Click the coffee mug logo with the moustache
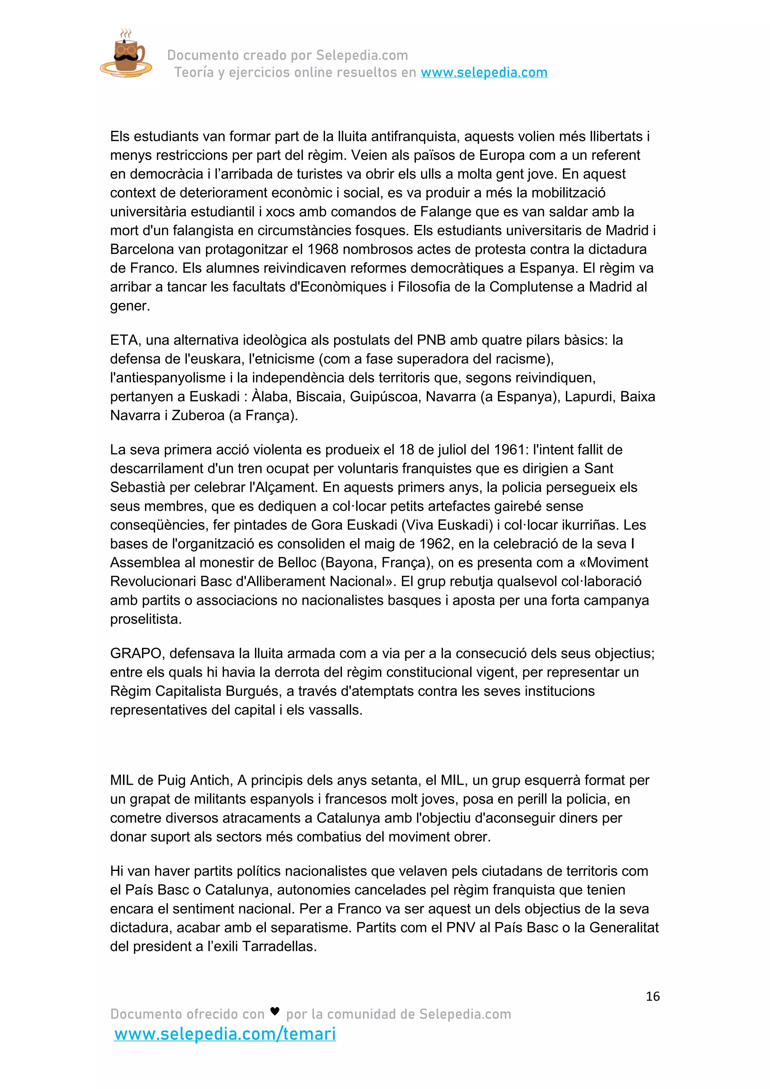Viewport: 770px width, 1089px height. (x=125, y=54)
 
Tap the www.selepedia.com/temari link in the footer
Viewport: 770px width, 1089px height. (x=225, y=1033)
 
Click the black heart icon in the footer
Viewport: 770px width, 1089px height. (x=274, y=1011)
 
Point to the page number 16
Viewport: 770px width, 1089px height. (x=652, y=996)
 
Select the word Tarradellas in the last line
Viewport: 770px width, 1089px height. (x=279, y=946)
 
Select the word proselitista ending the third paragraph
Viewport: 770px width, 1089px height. (x=145, y=619)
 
